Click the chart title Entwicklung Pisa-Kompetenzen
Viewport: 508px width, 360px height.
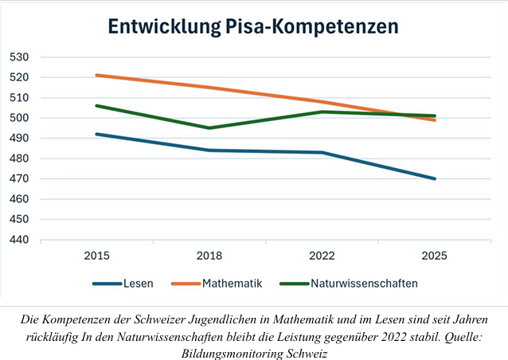click(x=253, y=26)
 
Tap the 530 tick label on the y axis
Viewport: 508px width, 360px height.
click(x=19, y=57)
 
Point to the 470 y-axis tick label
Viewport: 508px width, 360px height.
click(x=19, y=178)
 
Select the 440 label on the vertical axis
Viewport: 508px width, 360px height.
click(x=19, y=240)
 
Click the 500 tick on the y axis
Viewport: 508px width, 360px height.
click(x=19, y=118)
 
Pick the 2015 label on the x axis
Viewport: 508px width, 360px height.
click(x=96, y=256)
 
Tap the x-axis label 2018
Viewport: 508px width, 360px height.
click(x=209, y=256)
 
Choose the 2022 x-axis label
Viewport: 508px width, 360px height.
click(x=322, y=256)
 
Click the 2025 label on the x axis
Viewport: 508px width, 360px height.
click(x=434, y=256)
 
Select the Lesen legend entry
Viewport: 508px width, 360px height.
click(x=123, y=284)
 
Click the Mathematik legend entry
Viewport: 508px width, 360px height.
click(x=217, y=284)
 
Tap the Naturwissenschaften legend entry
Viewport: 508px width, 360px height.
click(x=349, y=284)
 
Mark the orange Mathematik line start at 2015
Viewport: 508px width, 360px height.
click(x=97, y=76)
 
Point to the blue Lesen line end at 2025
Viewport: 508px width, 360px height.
click(x=434, y=178)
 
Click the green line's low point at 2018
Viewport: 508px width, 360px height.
click(x=209, y=128)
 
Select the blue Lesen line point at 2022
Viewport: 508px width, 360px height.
click(x=322, y=152)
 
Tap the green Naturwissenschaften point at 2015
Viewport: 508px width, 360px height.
click(x=97, y=106)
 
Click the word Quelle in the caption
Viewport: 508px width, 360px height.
click(x=463, y=338)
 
